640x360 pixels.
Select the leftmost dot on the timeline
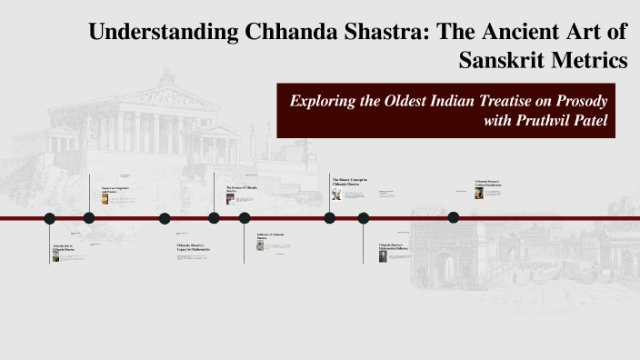pyautogui.click(x=50, y=218)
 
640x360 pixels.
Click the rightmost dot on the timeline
pyautogui.click(x=454, y=217)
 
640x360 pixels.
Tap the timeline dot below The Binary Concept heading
pyautogui.click(x=329, y=217)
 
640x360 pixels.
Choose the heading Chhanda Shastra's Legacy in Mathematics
pyautogui.click(x=194, y=247)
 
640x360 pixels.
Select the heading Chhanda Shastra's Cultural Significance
pyautogui.click(x=488, y=184)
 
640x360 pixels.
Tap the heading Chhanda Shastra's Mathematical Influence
pyautogui.click(x=394, y=246)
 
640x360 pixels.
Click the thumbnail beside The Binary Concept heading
pyautogui.click(x=335, y=194)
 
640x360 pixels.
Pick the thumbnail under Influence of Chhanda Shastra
pyautogui.click(x=260, y=245)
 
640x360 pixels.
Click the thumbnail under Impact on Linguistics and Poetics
pyautogui.click(x=105, y=199)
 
